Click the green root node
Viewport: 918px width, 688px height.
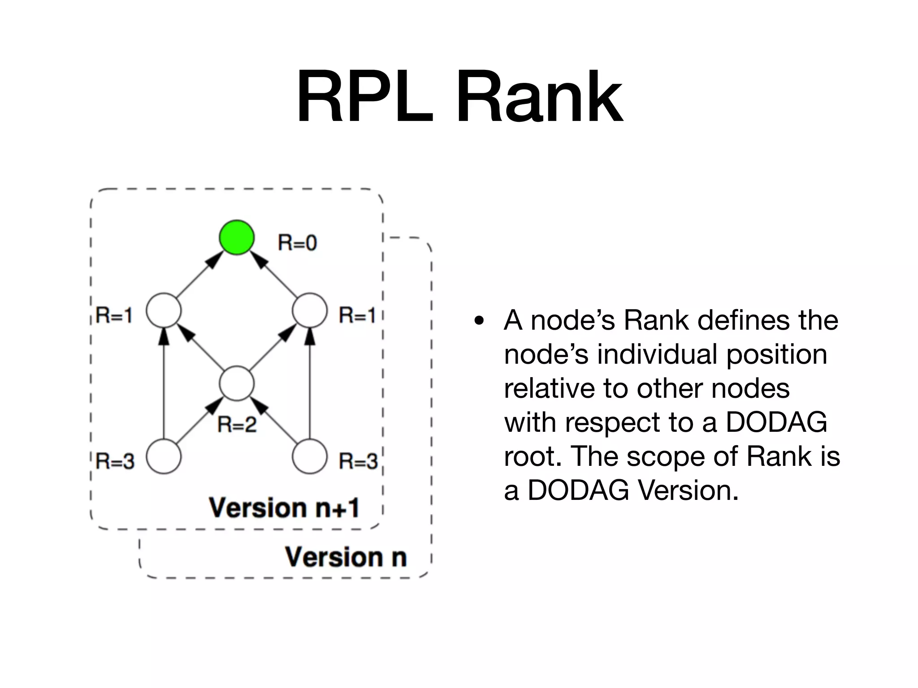(x=237, y=237)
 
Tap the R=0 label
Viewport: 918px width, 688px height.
(x=297, y=243)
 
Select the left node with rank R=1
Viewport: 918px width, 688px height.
(x=164, y=310)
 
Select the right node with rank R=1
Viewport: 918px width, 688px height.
(x=309, y=310)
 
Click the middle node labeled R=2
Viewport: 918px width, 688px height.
(x=237, y=383)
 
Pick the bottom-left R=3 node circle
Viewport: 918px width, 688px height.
(x=164, y=456)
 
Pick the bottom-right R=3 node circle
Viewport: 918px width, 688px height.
(x=309, y=456)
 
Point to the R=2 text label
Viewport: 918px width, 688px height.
(x=237, y=424)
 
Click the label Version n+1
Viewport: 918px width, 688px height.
(x=284, y=508)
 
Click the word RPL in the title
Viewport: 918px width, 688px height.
(x=365, y=97)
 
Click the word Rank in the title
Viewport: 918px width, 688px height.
(x=539, y=97)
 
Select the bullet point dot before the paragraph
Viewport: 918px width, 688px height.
(x=480, y=321)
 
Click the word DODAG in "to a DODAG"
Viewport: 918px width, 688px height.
(x=776, y=422)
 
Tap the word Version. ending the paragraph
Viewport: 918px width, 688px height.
(x=688, y=490)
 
